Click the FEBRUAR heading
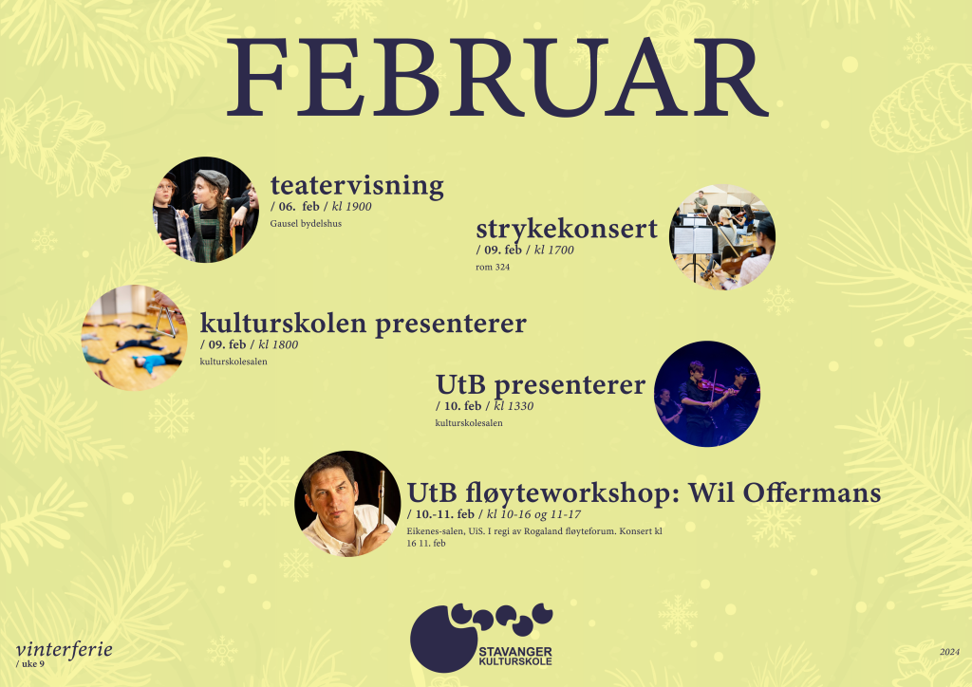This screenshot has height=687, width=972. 497,78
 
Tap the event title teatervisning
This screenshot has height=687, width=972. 357,185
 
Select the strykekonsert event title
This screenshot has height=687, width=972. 567,230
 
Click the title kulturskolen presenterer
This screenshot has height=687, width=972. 364,324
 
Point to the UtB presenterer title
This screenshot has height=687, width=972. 540,384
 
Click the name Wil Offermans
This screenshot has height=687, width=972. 785,493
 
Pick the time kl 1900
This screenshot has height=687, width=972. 351,206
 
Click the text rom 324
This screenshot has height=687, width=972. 493,267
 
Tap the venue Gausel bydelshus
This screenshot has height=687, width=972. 306,224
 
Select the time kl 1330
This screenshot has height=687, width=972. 514,406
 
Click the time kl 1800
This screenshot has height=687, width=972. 278,344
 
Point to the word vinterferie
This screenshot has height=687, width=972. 65,649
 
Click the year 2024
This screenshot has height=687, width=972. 949,652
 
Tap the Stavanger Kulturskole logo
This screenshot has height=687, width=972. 481,638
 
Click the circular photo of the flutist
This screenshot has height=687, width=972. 347,504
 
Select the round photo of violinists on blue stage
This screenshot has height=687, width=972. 707,394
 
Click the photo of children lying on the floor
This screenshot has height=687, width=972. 135,338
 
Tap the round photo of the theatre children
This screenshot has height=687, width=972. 206,210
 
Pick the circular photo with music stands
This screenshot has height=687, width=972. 722,237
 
